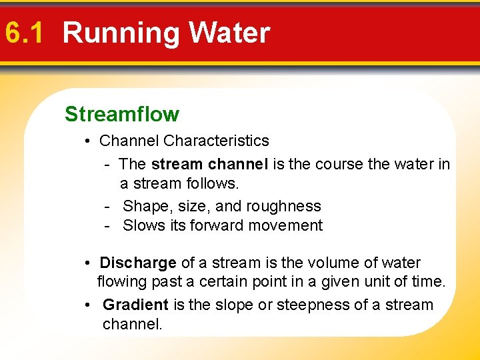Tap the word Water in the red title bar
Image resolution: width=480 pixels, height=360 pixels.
pyautogui.click(x=229, y=33)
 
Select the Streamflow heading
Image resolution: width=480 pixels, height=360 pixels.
pyautogui.click(x=122, y=114)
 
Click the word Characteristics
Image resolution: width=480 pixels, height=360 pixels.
pyautogui.click(x=216, y=141)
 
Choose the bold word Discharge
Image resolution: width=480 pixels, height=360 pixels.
pyautogui.click(x=138, y=263)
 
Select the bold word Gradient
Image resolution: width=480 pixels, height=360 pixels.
pyautogui.click(x=135, y=305)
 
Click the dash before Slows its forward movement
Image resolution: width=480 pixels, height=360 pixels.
pyautogui.click(x=107, y=226)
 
